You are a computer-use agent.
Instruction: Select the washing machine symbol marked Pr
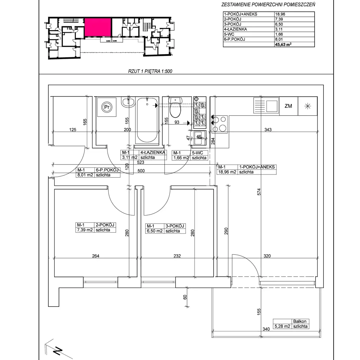click(x=107, y=107)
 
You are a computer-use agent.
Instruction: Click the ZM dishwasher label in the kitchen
click(x=288, y=106)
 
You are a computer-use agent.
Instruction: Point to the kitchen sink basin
click(x=272, y=106)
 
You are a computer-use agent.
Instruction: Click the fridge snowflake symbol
click(x=307, y=106)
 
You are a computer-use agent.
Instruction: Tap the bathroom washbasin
click(x=128, y=102)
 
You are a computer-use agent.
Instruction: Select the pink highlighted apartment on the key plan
click(x=98, y=27)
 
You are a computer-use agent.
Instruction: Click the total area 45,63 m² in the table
click(x=283, y=44)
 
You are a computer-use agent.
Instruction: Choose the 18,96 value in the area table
click(x=280, y=14)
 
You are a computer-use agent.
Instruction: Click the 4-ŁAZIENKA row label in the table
click(x=235, y=29)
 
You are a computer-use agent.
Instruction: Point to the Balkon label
click(x=300, y=321)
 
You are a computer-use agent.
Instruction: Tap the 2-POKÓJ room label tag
click(x=96, y=227)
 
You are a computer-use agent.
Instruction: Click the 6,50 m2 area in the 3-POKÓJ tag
click(x=155, y=231)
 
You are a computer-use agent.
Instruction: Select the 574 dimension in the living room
click(x=259, y=192)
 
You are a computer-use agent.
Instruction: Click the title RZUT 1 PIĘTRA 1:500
click(x=150, y=71)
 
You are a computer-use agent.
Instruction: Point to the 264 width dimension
click(x=95, y=256)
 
